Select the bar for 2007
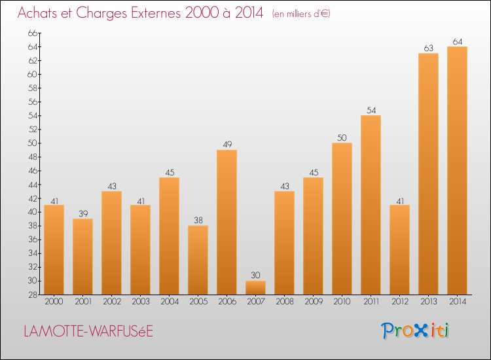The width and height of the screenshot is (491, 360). (255, 288)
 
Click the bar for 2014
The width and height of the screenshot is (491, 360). (457, 170)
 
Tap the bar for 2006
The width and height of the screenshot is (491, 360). (227, 223)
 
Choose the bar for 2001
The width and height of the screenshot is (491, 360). (82, 257)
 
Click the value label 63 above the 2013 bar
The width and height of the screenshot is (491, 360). (428, 48)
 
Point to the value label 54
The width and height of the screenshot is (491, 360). (371, 110)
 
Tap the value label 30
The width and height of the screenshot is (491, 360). (255, 276)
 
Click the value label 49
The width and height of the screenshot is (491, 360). (227, 145)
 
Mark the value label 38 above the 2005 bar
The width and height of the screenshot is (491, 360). (198, 221)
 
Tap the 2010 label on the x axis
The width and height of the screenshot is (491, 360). (342, 302)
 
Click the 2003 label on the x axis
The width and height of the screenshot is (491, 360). (140, 302)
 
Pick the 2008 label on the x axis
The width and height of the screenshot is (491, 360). (284, 302)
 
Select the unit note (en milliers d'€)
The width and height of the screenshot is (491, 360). (301, 14)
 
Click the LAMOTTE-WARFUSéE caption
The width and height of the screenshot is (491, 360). (88, 331)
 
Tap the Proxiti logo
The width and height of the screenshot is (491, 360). (416, 331)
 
